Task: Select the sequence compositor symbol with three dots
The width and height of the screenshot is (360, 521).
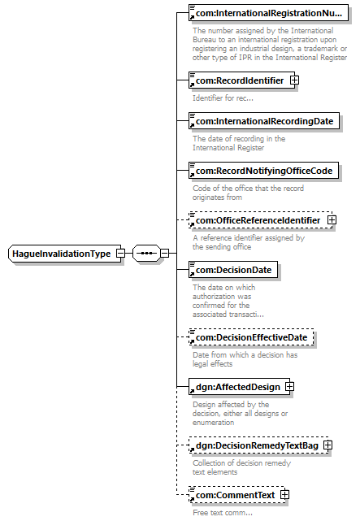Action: [146, 254]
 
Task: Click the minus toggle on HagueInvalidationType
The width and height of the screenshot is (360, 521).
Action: [120, 254]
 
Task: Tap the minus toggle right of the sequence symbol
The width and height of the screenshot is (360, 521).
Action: [164, 254]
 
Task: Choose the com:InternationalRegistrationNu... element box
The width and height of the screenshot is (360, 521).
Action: [268, 13]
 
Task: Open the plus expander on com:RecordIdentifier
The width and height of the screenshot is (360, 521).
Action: [294, 80]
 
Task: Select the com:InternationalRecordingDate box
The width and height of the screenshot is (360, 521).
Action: [264, 121]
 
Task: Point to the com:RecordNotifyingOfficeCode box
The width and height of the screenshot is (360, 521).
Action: [263, 171]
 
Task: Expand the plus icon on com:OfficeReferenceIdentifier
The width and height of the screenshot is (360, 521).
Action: [332, 220]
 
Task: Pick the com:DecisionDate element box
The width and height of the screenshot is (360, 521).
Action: [233, 270]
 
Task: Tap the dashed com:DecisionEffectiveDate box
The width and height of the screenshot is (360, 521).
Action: [251, 337]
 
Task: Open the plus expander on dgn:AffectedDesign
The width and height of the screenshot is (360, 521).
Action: [289, 386]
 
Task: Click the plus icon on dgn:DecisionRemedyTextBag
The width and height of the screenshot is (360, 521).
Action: [327, 445]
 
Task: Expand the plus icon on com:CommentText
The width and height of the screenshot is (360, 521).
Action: [284, 495]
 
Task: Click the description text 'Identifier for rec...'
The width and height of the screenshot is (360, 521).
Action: [223, 98]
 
